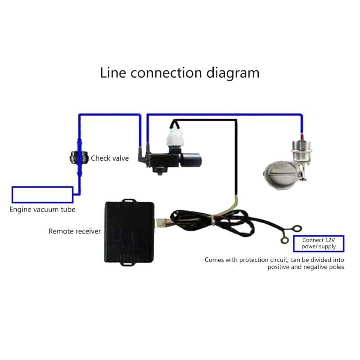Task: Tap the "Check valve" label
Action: tap(110, 158)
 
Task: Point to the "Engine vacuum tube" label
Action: tap(43, 210)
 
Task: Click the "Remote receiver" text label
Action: tap(75, 231)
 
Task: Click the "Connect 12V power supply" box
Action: tap(318, 243)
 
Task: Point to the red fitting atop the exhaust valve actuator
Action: tap(301, 135)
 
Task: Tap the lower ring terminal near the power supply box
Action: tap(283, 240)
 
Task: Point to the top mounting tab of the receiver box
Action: tap(128, 198)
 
